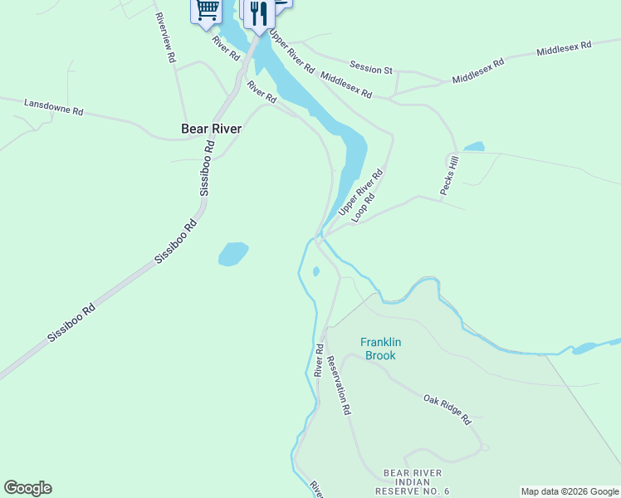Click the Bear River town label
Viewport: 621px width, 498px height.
[x=211, y=129]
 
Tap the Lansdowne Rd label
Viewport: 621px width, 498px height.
[x=54, y=107]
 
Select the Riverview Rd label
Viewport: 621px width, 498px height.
[x=165, y=38]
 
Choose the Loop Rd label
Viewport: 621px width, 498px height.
[x=364, y=207]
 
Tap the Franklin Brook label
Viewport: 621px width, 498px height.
[x=378, y=349]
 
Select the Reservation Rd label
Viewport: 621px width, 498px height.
[x=338, y=385]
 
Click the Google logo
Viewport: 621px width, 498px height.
[x=27, y=488]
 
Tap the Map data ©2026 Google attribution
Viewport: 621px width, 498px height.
[x=570, y=491]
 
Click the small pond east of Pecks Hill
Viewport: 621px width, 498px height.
[x=474, y=147]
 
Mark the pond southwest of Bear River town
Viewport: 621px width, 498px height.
[x=233, y=254]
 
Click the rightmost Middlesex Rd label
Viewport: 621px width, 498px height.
[x=563, y=49]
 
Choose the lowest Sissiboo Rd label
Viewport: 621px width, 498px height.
[x=71, y=324]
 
